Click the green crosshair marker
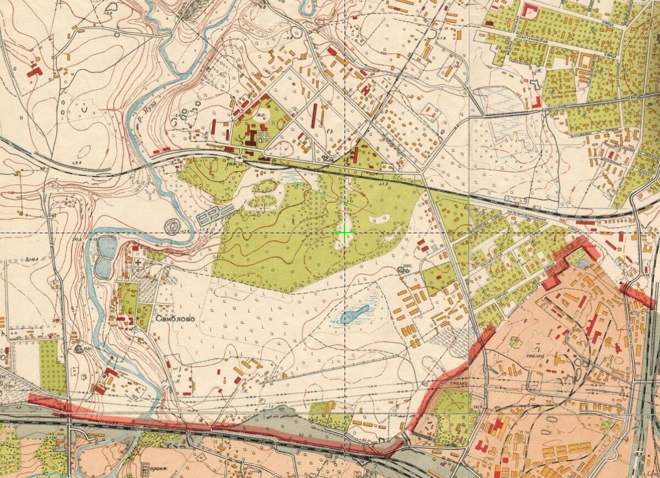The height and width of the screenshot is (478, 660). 345,234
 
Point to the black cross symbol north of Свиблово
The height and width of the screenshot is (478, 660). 138,263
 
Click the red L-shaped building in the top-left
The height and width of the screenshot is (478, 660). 34,70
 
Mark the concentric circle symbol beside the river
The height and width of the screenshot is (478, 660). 172,226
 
